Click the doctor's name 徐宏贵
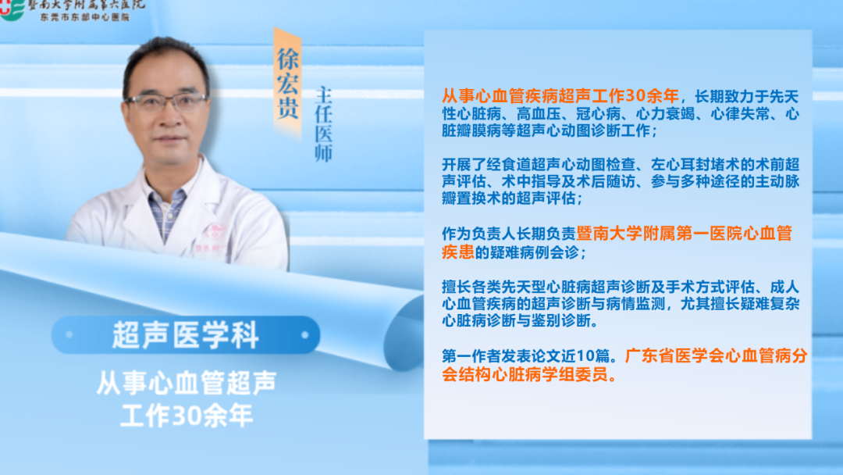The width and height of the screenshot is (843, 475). click(x=287, y=84)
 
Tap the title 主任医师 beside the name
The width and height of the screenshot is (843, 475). click(x=323, y=124)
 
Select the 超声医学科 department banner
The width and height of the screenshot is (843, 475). click(x=186, y=334)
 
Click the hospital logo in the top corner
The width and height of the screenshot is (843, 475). click(x=12, y=9)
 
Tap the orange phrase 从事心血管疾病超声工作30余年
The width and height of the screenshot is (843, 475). click(x=560, y=96)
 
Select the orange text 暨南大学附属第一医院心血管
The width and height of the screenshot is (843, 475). click(x=684, y=233)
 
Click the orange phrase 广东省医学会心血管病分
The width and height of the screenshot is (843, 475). click(x=716, y=355)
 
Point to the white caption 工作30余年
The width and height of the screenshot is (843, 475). click(x=187, y=416)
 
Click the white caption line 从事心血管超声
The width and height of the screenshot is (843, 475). click(x=186, y=383)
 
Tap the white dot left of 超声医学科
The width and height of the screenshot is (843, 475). click(x=69, y=334)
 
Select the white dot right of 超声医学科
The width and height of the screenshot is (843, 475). click(x=305, y=334)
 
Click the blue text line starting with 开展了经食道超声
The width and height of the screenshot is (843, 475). click(x=621, y=164)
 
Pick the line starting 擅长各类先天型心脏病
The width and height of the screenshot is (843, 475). click(x=621, y=286)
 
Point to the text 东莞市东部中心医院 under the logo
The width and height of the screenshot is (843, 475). click(x=85, y=17)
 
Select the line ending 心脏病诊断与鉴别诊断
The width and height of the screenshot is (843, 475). click(x=519, y=320)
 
